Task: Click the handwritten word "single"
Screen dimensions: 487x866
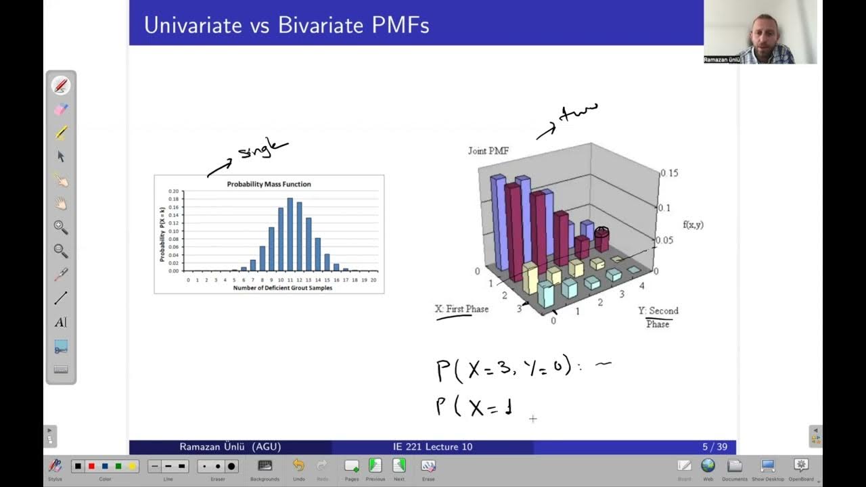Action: [x=261, y=151]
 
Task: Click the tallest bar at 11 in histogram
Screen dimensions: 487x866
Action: [x=290, y=234]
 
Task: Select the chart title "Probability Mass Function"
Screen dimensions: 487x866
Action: [x=269, y=184]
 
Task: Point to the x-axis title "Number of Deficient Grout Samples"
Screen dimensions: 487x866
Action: [x=282, y=288]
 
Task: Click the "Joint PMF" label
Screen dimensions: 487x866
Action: [x=488, y=151]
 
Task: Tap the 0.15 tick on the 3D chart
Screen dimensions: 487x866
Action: [x=669, y=173]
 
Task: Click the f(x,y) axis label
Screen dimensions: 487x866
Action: [x=693, y=225]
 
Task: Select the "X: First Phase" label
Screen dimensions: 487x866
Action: [x=461, y=309]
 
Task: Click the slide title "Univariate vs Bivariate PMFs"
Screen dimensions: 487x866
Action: [x=286, y=26]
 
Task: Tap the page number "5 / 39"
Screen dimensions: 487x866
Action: [x=714, y=447]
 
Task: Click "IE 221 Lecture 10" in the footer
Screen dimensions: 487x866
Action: [x=432, y=447]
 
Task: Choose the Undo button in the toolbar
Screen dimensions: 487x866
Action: [x=298, y=466]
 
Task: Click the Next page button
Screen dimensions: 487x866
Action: [x=399, y=466]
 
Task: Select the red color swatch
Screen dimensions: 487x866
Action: [x=91, y=467]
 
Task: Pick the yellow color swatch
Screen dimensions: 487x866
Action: [x=132, y=467]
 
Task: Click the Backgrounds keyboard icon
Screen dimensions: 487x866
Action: [x=265, y=466]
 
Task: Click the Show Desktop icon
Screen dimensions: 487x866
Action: [x=767, y=466]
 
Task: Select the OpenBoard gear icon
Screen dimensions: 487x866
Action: [x=801, y=466]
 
